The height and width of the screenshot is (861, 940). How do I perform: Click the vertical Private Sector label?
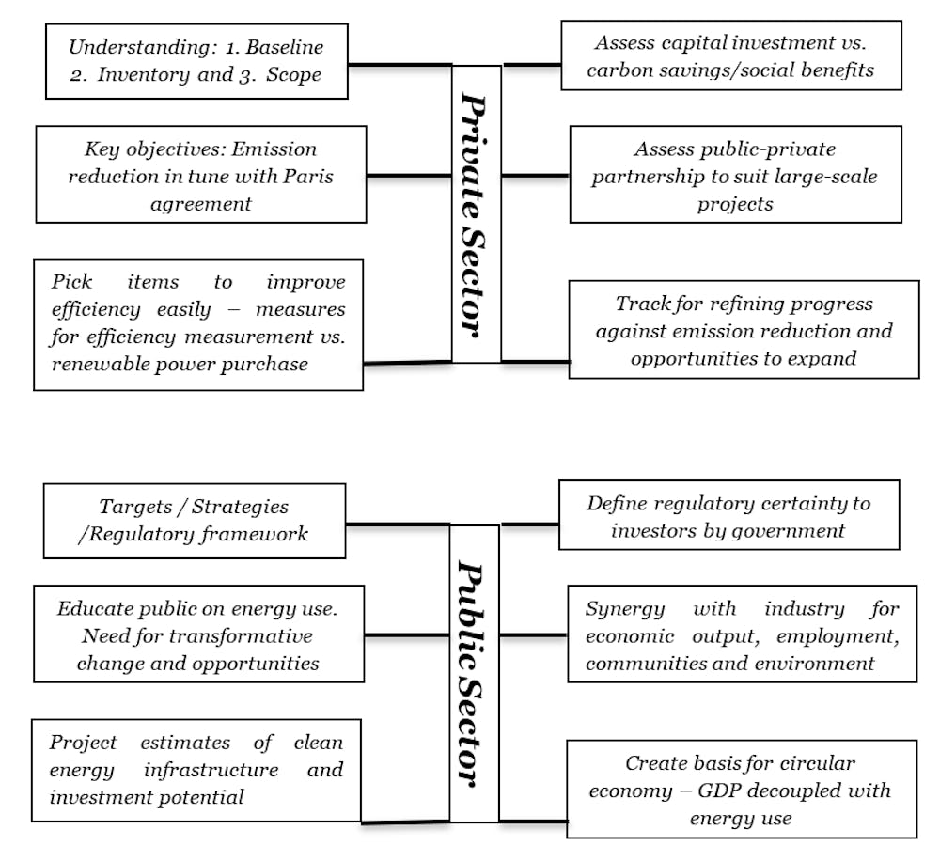click(x=474, y=214)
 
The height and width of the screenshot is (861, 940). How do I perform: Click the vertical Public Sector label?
click(x=471, y=673)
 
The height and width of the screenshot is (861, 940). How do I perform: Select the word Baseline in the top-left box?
click(x=285, y=47)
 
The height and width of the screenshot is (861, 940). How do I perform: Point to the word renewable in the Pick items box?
click(x=101, y=364)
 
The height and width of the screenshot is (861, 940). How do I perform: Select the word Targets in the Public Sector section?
click(x=135, y=508)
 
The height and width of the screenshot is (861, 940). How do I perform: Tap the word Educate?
click(x=98, y=608)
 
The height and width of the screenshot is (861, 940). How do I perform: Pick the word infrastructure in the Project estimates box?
click(x=211, y=770)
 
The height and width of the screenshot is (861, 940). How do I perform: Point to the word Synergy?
click(x=625, y=609)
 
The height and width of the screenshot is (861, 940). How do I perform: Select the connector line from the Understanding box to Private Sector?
click(x=399, y=64)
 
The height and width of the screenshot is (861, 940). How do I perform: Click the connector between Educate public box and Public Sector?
click(x=407, y=634)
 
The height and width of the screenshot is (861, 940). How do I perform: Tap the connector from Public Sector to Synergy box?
click(x=534, y=634)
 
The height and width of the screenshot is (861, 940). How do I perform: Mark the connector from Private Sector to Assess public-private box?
click(x=536, y=176)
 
